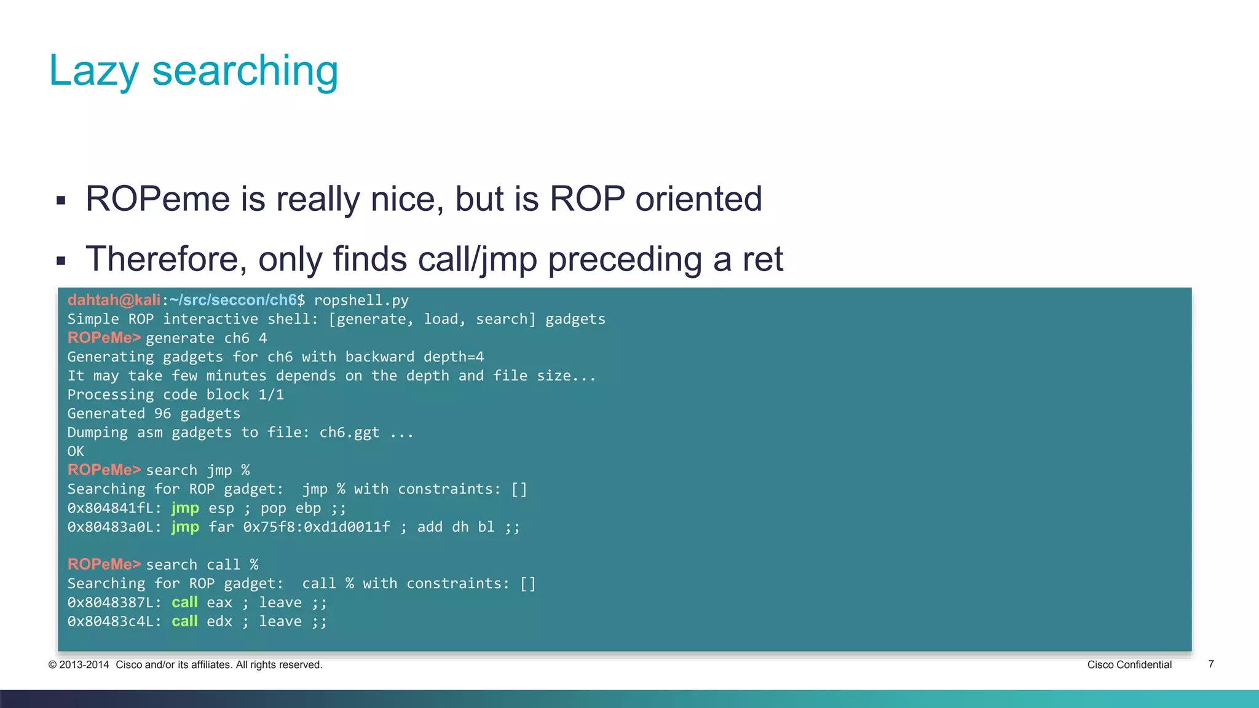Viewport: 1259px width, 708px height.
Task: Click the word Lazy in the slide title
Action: pyautogui.click(x=94, y=71)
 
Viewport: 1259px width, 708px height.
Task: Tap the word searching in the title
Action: pyautogui.click(x=245, y=71)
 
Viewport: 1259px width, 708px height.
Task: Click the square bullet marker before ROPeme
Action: pyautogui.click(x=61, y=200)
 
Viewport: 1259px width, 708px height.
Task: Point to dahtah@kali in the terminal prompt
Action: pyautogui.click(x=114, y=300)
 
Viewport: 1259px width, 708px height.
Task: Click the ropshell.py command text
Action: pyautogui.click(x=361, y=301)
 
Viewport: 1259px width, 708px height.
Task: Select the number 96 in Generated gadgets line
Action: pyautogui.click(x=162, y=414)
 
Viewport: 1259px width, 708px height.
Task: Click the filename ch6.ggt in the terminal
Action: pyautogui.click(x=349, y=433)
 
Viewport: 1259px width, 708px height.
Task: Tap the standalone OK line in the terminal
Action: pyautogui.click(x=76, y=452)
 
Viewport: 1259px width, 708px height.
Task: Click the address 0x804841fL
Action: pyautogui.click(x=114, y=508)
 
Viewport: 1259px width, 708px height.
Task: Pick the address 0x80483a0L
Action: pyautogui.click(x=114, y=527)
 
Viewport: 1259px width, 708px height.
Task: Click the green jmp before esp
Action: pyautogui.click(x=185, y=508)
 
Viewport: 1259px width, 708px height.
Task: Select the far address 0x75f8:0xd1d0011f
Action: pyautogui.click(x=317, y=527)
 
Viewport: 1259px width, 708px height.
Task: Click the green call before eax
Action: pyautogui.click(x=184, y=602)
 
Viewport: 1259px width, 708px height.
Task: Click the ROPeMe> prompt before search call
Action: pyautogui.click(x=104, y=564)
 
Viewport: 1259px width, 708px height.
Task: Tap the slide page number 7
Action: pyautogui.click(x=1211, y=664)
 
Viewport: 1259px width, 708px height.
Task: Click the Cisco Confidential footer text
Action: pyautogui.click(x=1129, y=664)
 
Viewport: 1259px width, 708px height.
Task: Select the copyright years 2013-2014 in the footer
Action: pyautogui.click(x=84, y=664)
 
